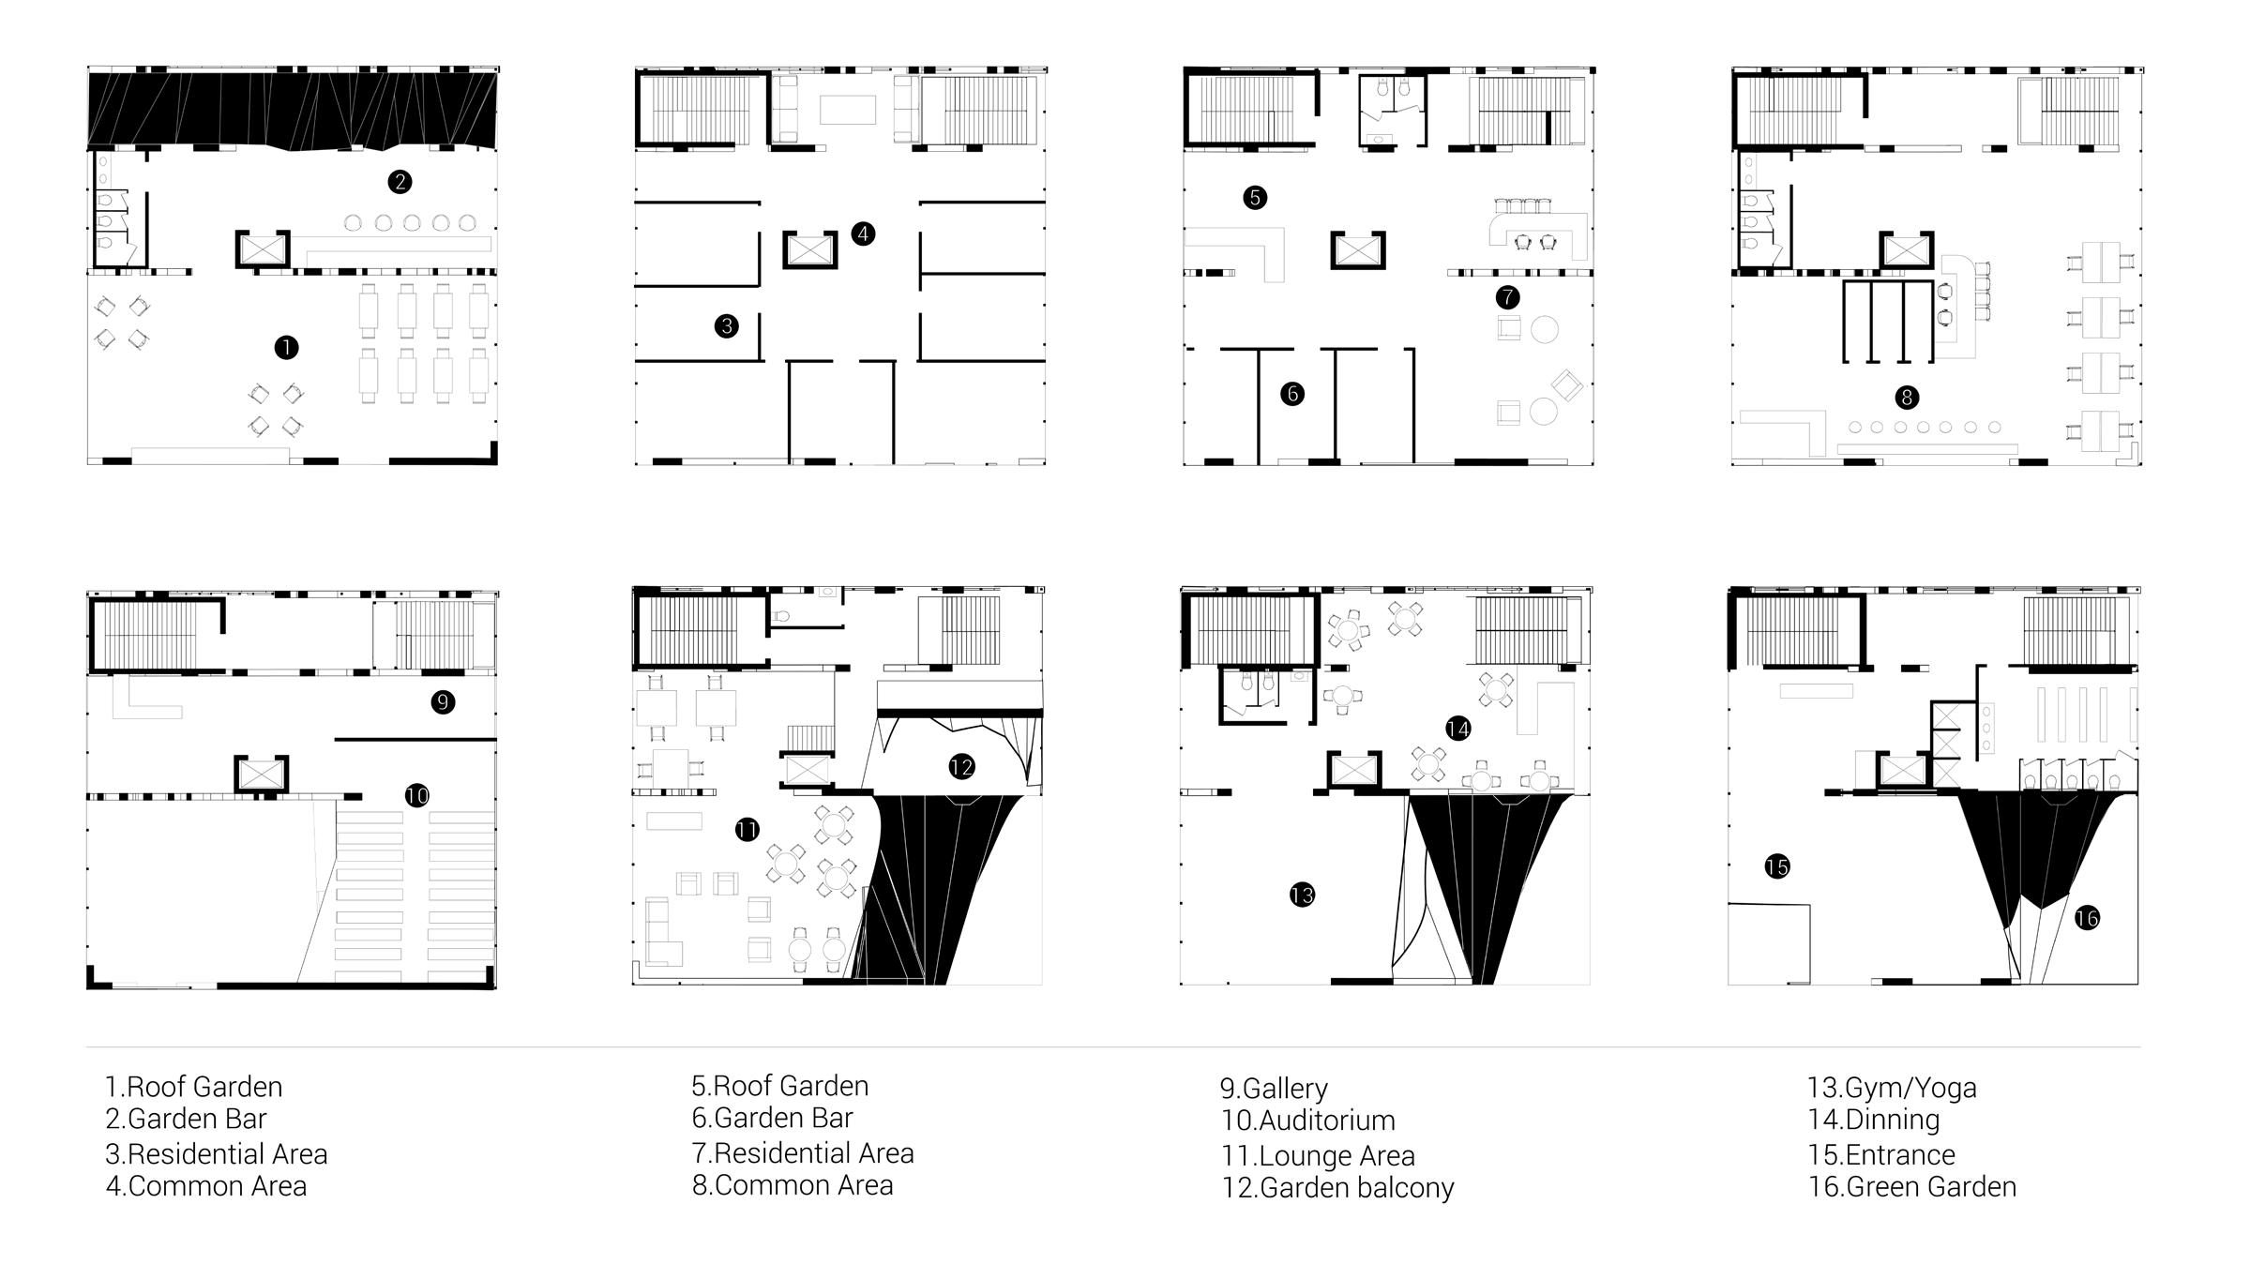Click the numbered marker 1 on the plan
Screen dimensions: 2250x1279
coord(286,348)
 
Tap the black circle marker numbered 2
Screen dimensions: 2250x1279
coord(400,182)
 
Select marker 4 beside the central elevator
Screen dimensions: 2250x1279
coord(863,233)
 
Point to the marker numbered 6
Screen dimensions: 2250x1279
coord(1292,394)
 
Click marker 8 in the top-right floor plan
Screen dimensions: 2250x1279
coord(1906,398)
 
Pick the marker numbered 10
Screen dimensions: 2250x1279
coord(417,796)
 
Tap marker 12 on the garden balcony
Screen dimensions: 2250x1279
coord(961,767)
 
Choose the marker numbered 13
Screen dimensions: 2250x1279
coord(1302,895)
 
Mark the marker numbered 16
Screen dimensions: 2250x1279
coord(2087,918)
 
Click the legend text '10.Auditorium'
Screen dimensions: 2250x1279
coord(1307,1121)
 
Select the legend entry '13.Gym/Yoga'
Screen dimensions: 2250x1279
coord(1892,1088)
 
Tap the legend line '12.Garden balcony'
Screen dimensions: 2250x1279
coord(1337,1188)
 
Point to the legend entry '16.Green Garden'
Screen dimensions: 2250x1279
coord(1911,1187)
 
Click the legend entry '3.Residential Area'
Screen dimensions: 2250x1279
coord(217,1154)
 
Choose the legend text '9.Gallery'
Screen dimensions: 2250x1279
coord(1274,1089)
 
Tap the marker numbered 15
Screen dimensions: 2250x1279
coord(1777,866)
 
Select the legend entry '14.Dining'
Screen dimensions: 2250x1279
coord(1874,1120)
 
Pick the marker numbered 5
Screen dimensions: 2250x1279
coord(1255,198)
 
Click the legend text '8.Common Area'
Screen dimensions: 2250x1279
coord(793,1185)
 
